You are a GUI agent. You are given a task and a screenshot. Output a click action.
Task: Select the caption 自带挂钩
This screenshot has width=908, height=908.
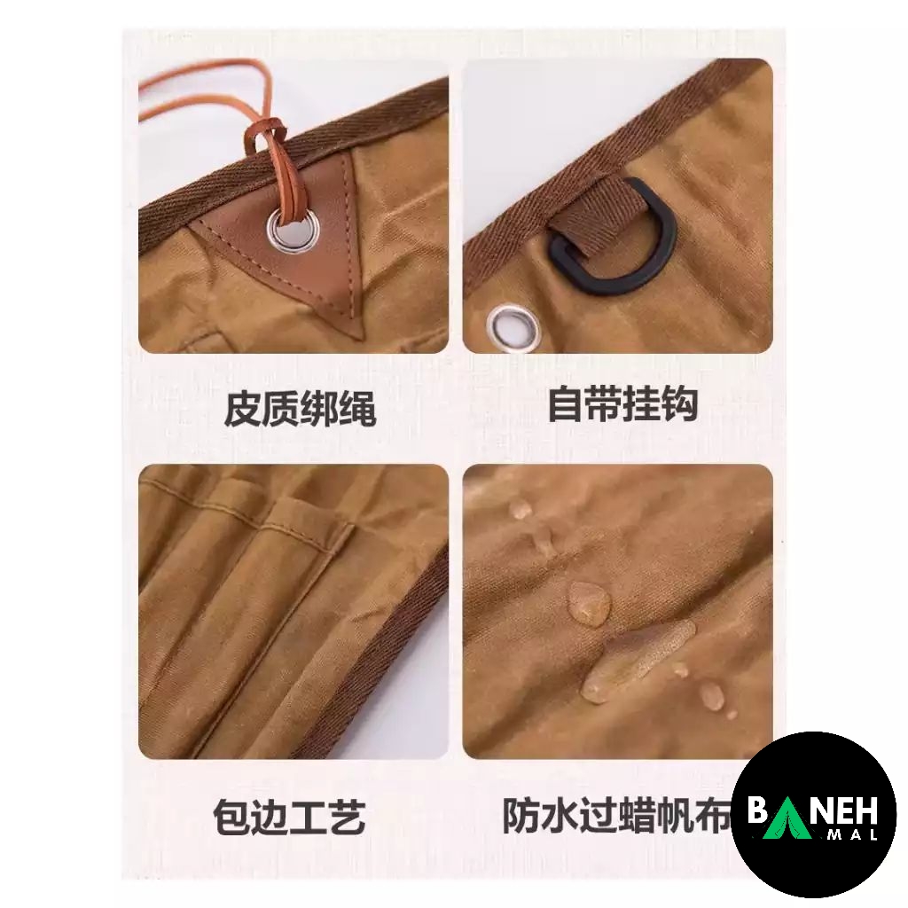tap(622, 403)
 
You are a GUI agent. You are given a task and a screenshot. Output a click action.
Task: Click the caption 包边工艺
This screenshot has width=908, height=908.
tap(289, 817)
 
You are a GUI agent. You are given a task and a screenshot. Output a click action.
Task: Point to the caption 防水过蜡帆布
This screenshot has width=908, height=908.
tap(618, 816)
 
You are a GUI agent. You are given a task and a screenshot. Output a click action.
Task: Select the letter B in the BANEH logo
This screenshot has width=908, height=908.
tap(757, 810)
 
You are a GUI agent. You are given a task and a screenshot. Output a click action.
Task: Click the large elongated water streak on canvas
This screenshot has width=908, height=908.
tap(637, 659)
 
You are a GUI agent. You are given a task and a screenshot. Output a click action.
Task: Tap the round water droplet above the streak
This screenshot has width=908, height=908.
tap(589, 602)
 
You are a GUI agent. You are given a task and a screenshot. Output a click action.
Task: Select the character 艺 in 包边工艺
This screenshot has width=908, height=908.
tap(347, 817)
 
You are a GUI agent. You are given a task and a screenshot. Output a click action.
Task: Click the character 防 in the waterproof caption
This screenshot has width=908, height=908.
tap(521, 816)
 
